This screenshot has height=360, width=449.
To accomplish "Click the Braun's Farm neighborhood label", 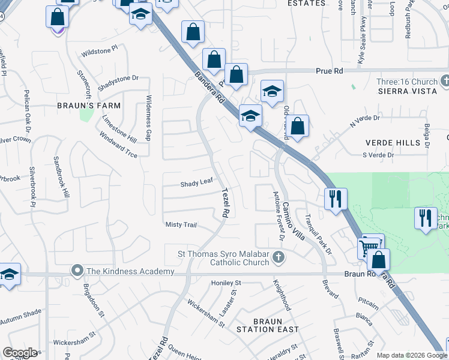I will (89, 106).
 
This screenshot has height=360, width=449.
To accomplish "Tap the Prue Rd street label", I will (330, 71).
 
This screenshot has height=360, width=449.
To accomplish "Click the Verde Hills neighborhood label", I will (393, 143).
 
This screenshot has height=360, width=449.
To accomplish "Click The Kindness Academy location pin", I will (77, 271).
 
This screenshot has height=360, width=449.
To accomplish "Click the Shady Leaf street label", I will (197, 184).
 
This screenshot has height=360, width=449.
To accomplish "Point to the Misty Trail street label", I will (181, 224).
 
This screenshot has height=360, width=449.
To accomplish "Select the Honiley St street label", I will (225, 283).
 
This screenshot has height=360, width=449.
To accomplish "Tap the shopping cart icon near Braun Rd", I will (369, 246).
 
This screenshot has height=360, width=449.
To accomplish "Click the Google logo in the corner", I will (20, 353).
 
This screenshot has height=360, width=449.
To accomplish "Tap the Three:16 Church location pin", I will (445, 80).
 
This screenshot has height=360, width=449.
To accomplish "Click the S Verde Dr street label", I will (377, 155).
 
